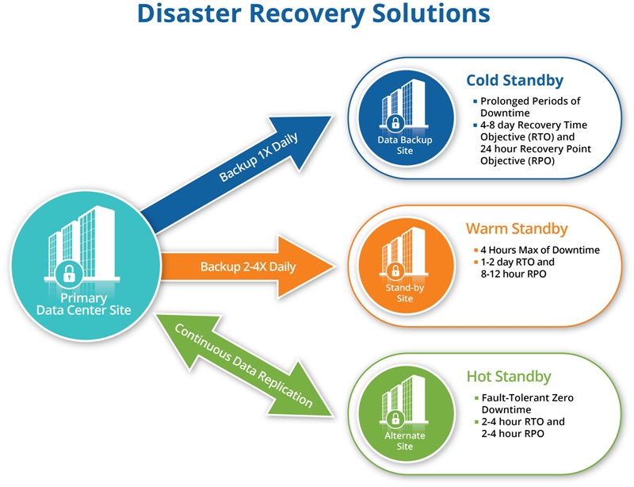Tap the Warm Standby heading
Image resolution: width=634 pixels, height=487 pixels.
point(516,229)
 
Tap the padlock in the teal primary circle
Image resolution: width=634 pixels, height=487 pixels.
point(70,274)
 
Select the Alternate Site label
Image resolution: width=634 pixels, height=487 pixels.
point(405,441)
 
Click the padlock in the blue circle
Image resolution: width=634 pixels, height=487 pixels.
point(394,123)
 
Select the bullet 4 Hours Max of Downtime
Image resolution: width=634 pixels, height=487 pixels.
point(535,251)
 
